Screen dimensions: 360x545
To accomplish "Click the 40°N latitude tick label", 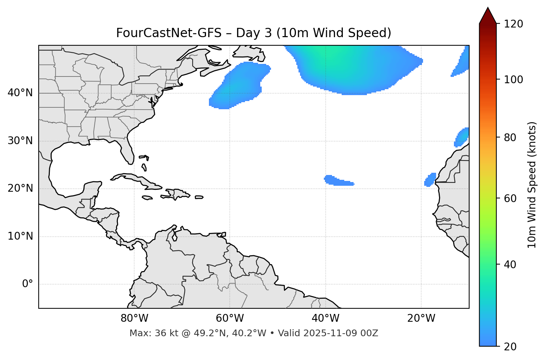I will (x=20, y=93).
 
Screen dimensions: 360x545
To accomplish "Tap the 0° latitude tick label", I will (x=28, y=284).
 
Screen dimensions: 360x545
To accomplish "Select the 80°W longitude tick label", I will (x=134, y=318).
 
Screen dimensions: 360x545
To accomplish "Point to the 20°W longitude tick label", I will (x=421, y=318).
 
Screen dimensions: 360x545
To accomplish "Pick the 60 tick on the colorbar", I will (x=512, y=198).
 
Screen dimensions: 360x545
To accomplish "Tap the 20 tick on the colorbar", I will (x=512, y=347).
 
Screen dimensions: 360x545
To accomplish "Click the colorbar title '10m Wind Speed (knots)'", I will (x=532, y=185).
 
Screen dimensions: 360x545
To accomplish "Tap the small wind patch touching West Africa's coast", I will (x=430, y=179).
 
